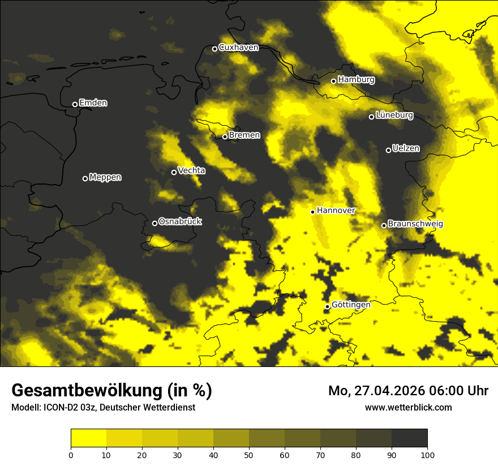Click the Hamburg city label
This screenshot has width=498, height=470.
click(x=356, y=80)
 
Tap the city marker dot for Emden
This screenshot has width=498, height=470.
click(x=75, y=104)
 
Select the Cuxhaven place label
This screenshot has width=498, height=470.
click(x=238, y=48)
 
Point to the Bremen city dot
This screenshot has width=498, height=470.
click(x=225, y=136)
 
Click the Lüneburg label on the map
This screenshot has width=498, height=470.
click(x=394, y=116)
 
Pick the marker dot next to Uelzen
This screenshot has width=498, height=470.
click(x=388, y=150)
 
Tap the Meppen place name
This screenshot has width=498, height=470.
click(x=105, y=177)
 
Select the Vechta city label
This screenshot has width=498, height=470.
click(x=191, y=170)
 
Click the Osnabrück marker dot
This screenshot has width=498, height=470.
click(x=154, y=223)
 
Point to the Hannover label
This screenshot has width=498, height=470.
click(x=336, y=211)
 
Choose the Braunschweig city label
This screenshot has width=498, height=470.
click(x=415, y=224)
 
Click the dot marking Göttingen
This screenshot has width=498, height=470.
click(x=327, y=306)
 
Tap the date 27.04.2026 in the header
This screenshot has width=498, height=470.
click(x=388, y=391)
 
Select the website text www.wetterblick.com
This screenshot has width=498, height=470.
click(x=408, y=407)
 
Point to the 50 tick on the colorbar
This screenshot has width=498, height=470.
click(x=249, y=455)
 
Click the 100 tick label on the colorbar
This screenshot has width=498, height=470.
click(x=427, y=455)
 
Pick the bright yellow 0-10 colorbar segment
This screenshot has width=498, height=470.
click(x=88, y=438)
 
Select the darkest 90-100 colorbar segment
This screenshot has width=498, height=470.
click(x=409, y=438)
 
